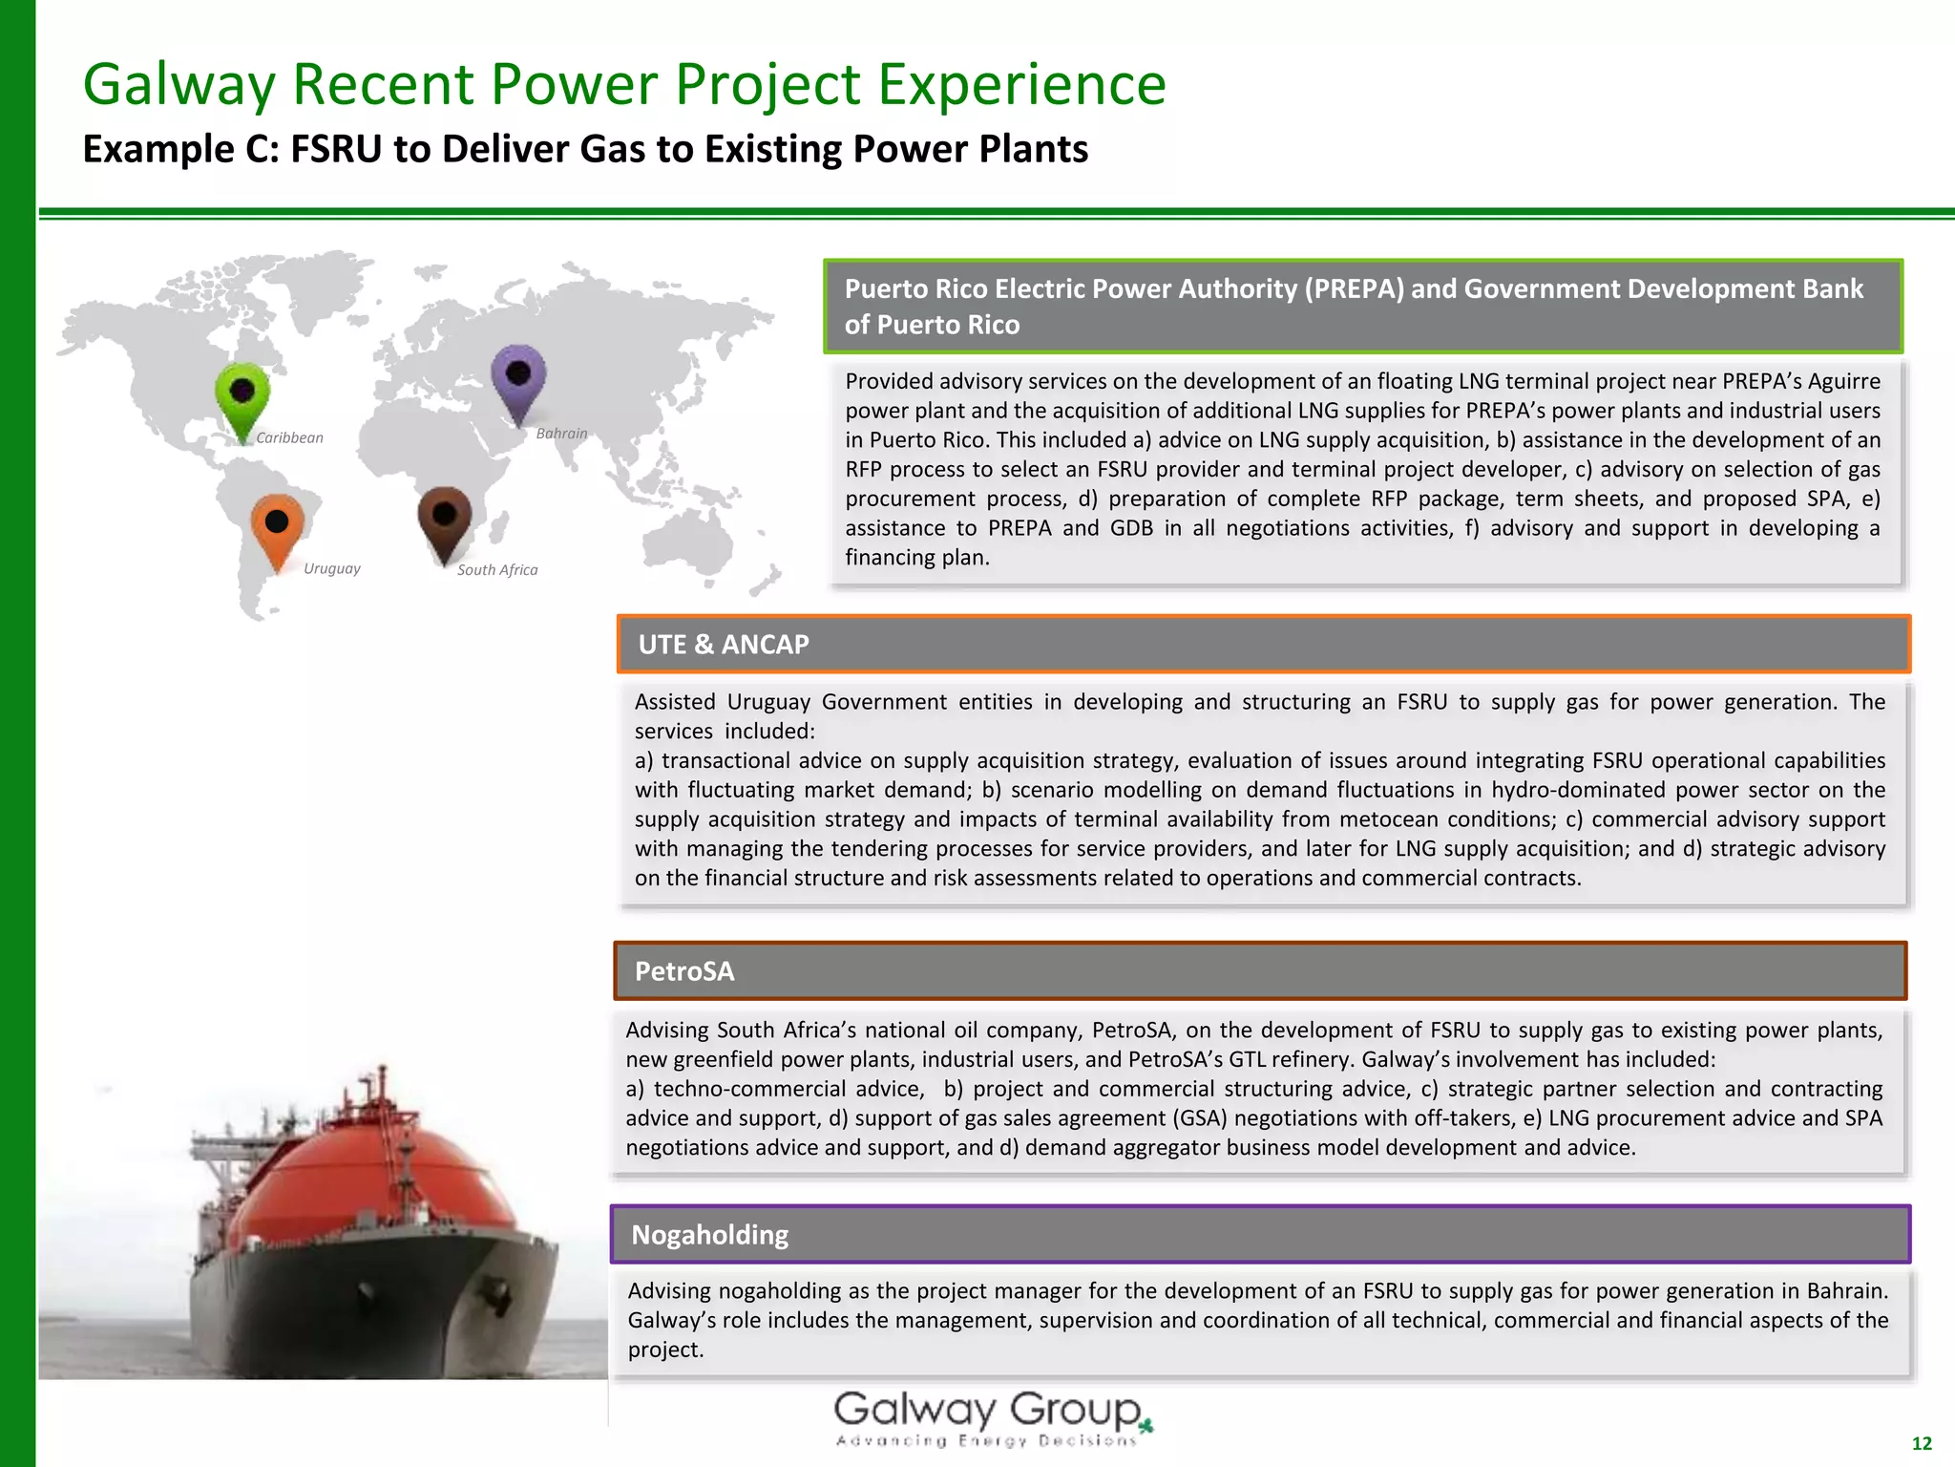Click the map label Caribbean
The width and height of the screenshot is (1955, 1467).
point(289,437)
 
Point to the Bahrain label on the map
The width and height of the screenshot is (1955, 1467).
point(561,434)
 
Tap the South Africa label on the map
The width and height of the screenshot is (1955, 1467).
point(496,570)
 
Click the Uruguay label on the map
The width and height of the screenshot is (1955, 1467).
point(331,568)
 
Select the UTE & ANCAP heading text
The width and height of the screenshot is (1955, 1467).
point(723,645)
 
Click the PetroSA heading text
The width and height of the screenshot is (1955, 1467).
point(684,971)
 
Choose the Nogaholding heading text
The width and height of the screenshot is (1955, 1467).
point(709,1235)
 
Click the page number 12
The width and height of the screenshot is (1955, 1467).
point(1922,1443)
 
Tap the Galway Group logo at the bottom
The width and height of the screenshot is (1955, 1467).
point(993,1418)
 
